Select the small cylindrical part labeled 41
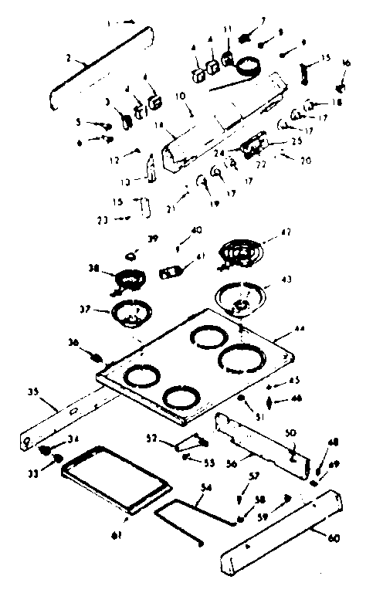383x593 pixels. (172, 271)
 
